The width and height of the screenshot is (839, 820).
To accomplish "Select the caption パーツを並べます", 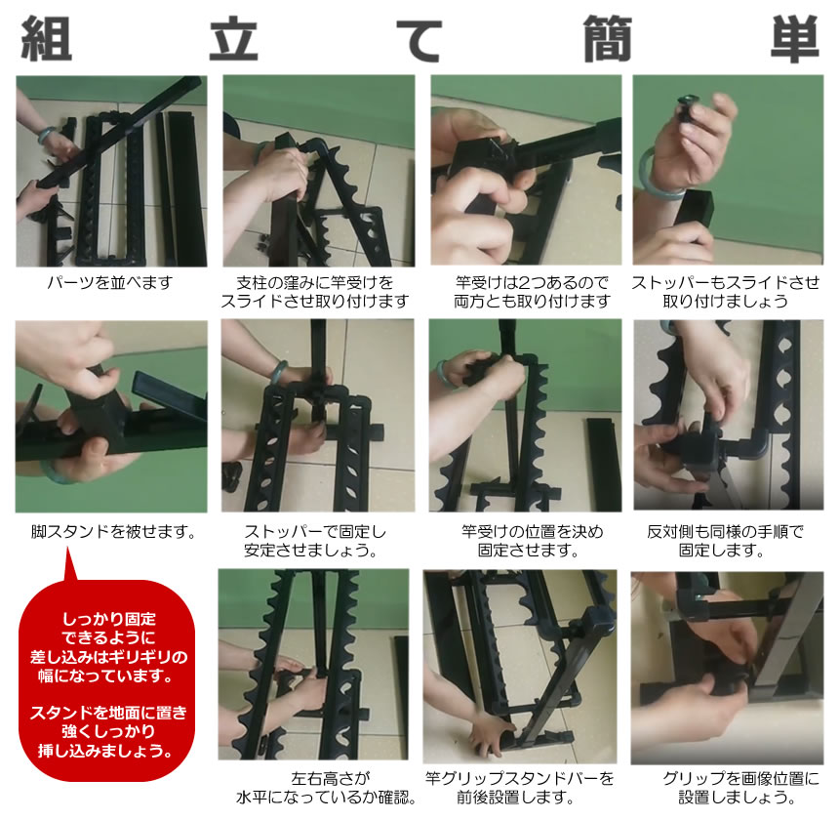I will click(110, 283).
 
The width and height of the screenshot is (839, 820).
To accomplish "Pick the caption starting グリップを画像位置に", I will click(727, 789).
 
